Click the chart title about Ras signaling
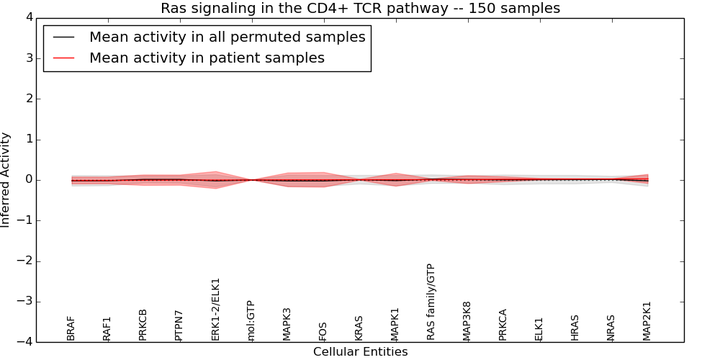click(x=360, y=9)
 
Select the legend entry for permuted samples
click(x=227, y=37)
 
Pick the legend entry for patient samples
click(x=207, y=58)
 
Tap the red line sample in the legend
click(x=63, y=58)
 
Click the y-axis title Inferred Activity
click(x=6, y=180)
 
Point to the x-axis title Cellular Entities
click(x=360, y=352)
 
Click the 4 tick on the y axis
click(x=27, y=17)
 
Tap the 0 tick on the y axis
click(x=27, y=180)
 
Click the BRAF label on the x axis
click(x=71, y=328)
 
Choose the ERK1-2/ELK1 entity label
click(x=215, y=309)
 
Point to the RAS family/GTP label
click(x=431, y=302)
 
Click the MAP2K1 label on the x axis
click(x=647, y=320)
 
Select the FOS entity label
click(x=323, y=331)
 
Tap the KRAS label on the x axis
click(x=359, y=328)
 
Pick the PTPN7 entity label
click(x=179, y=325)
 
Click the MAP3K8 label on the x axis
click(x=467, y=320)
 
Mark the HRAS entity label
click(x=575, y=328)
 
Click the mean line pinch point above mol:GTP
click(x=251, y=180)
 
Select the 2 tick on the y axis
click(x=27, y=99)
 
